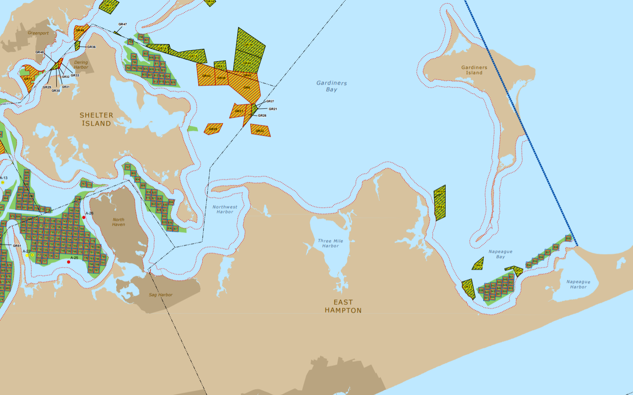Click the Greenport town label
(38, 33)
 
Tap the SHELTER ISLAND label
(96, 119)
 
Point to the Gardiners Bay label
(332, 86)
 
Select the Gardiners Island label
(474, 70)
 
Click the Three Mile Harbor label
(330, 243)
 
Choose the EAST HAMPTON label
(343, 306)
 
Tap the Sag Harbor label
(161, 295)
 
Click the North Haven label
(118, 222)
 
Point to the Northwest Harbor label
(225, 210)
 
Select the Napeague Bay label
(501, 254)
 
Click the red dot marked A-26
(84, 217)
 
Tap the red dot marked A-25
(69, 262)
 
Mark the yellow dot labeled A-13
(3, 182)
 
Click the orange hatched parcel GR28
(213, 129)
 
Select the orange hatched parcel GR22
(260, 131)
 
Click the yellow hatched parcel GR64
(478, 265)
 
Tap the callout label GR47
(122, 24)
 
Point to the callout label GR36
(91, 47)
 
